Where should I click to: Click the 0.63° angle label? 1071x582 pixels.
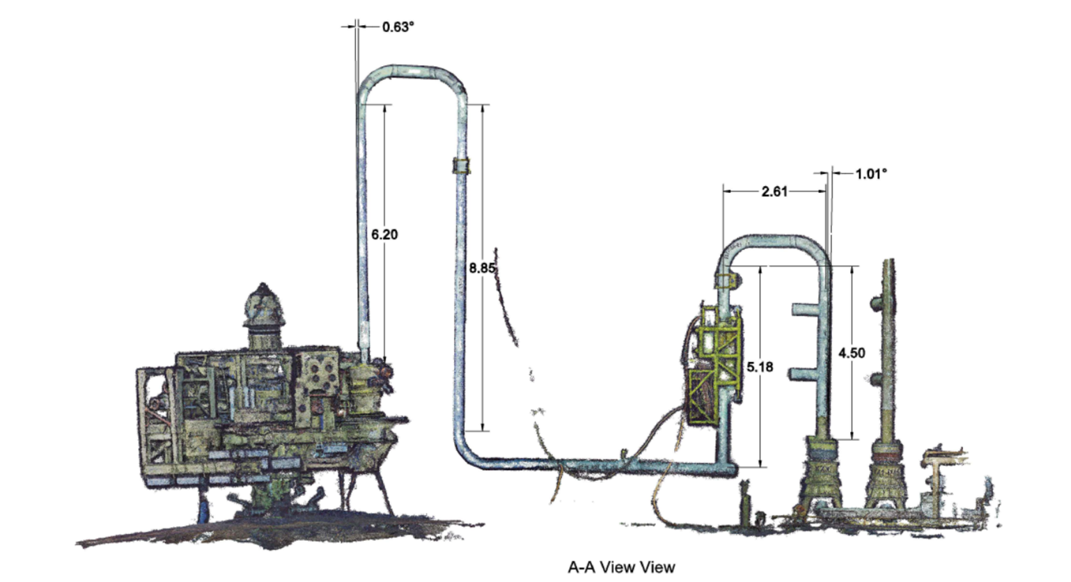[x=398, y=27]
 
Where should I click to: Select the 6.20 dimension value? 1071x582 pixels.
[x=384, y=235]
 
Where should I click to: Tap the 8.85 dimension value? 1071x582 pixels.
[x=482, y=267]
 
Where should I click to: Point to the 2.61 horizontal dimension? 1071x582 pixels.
[x=774, y=191]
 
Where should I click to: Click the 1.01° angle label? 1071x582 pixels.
[x=871, y=174]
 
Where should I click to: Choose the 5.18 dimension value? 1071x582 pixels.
[x=760, y=367]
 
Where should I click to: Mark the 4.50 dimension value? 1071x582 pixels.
[x=852, y=353]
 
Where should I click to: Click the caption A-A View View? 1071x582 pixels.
[x=621, y=567]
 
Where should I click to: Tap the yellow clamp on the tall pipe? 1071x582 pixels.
[x=461, y=166]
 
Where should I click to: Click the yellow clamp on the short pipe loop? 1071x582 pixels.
[x=726, y=281]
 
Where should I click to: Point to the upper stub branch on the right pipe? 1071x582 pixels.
[x=805, y=308]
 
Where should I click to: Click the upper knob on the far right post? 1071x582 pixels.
[x=875, y=304]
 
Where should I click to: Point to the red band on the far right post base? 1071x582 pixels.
[x=887, y=457]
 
